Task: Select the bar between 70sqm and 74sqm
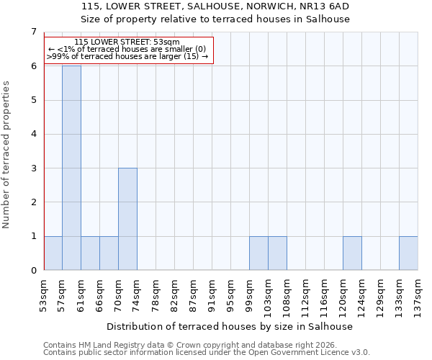click(x=127, y=219)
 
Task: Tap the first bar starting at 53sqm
click(x=53, y=253)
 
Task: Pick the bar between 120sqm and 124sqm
click(x=352, y=253)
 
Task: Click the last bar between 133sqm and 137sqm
click(x=408, y=253)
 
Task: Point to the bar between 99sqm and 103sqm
click(x=258, y=253)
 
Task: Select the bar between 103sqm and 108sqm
click(x=277, y=253)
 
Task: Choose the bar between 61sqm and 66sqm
click(x=90, y=253)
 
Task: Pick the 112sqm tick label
click(x=306, y=293)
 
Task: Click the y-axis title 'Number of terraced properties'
click(x=7, y=154)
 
